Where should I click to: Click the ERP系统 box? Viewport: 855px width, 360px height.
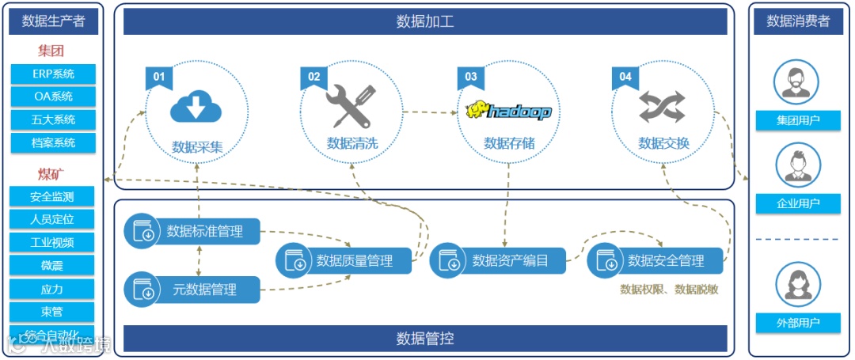tap(54, 74)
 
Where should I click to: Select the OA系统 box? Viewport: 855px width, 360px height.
tap(54, 97)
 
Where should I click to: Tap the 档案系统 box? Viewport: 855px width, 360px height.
tap(54, 143)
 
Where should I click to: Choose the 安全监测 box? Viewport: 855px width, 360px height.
tap(52, 197)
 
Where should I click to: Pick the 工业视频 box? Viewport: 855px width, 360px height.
tap(52, 243)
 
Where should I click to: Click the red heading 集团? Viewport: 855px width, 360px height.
tap(51, 51)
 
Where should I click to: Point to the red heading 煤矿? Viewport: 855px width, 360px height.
tap(51, 174)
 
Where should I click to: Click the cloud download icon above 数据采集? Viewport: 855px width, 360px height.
tap(196, 107)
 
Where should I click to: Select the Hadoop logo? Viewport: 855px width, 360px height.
tap(508, 110)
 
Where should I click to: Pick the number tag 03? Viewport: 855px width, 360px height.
tap(471, 77)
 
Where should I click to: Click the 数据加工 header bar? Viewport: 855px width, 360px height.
tap(425, 21)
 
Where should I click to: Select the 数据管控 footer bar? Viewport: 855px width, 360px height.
tap(425, 339)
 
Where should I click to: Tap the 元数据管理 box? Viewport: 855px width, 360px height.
tap(192, 290)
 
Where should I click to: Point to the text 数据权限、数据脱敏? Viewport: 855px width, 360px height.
tap(669, 290)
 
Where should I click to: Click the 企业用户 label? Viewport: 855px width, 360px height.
tap(797, 204)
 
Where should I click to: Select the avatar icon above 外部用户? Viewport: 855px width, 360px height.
tap(797, 282)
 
